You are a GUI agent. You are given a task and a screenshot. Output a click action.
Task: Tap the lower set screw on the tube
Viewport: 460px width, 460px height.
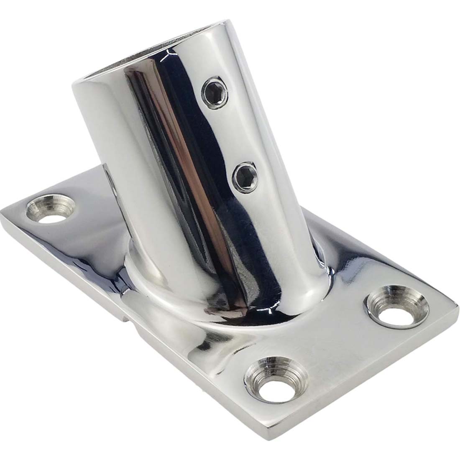(246, 178)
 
